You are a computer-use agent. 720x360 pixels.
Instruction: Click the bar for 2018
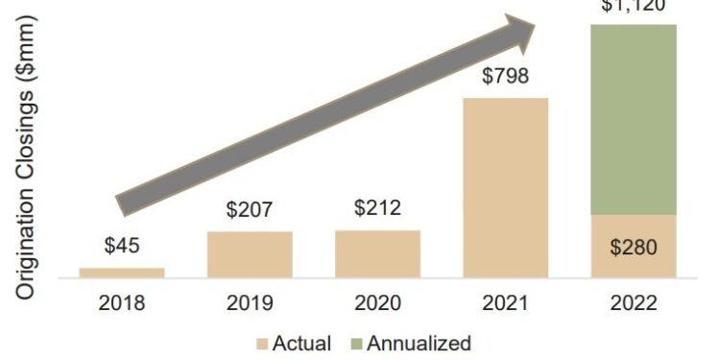tap(122, 273)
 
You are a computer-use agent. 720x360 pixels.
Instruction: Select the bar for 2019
tap(250, 254)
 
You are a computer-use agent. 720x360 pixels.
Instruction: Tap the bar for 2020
tap(377, 253)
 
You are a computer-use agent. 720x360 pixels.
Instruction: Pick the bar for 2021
tap(506, 188)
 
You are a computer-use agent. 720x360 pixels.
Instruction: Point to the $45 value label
tap(122, 245)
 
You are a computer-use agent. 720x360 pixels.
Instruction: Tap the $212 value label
tap(377, 207)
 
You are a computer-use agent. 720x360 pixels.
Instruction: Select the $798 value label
tap(506, 75)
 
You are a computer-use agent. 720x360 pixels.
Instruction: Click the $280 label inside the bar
tap(634, 248)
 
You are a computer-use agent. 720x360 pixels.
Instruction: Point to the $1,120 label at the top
tap(634, 6)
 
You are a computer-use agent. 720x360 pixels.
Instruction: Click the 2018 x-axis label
tap(122, 304)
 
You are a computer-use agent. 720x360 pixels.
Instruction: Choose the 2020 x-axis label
tap(377, 304)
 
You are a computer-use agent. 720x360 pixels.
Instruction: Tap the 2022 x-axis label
tap(634, 304)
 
